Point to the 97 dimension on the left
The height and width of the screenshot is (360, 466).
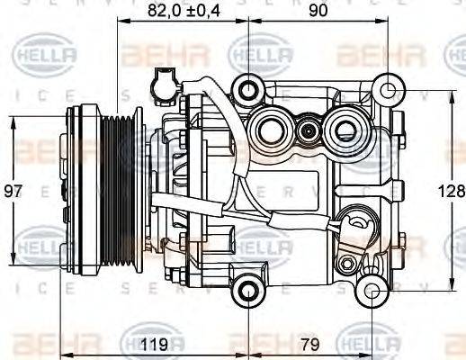coord(12,191)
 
